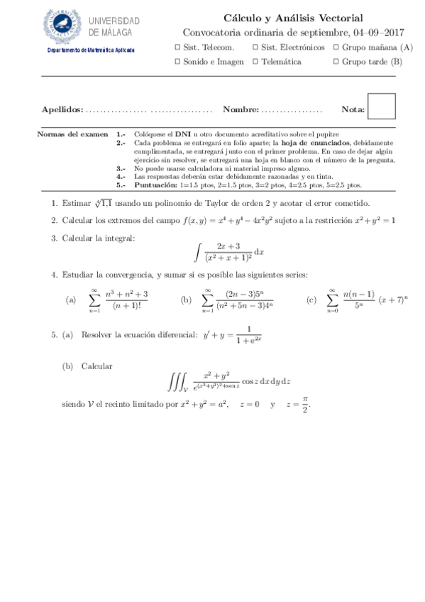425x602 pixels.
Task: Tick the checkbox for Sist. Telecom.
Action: pyautogui.click(x=177, y=48)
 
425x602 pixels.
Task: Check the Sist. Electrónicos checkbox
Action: pyautogui.click(x=255, y=48)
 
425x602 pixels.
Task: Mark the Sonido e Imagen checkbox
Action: pyautogui.click(x=177, y=62)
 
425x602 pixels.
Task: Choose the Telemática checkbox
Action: pyautogui.click(x=255, y=62)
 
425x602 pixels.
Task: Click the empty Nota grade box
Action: pyautogui.click(x=382, y=106)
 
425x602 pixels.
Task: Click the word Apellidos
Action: pyautogui.click(x=62, y=110)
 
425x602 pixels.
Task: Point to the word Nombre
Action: pyautogui.click(x=240, y=110)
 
